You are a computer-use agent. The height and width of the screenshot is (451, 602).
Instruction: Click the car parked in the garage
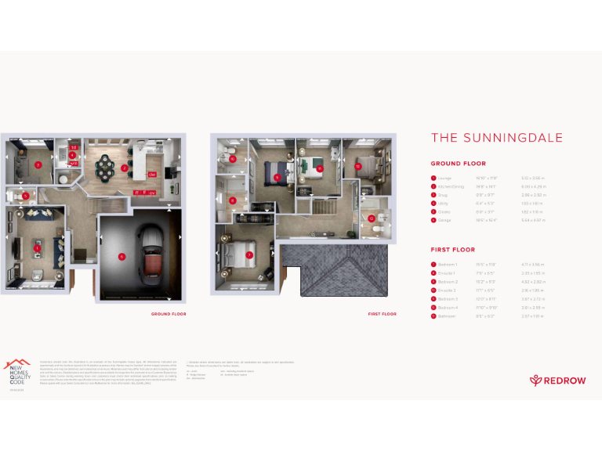click(x=150, y=254)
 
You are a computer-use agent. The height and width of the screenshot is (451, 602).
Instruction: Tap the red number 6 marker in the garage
click(x=121, y=256)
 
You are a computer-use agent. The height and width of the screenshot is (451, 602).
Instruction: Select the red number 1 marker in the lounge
click(x=37, y=248)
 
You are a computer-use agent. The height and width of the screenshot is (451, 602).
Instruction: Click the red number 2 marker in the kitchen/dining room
click(x=125, y=168)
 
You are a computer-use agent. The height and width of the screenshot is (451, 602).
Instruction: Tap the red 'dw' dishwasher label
click(x=152, y=174)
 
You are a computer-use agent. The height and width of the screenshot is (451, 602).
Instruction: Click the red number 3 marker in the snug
click(x=38, y=164)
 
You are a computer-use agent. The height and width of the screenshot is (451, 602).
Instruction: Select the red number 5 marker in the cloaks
click(x=26, y=196)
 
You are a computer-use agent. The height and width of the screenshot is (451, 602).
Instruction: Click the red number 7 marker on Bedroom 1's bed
click(x=249, y=254)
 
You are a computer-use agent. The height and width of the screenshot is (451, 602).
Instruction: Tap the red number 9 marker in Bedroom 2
click(x=277, y=177)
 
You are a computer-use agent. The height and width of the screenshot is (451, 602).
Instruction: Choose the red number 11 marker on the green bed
click(x=319, y=168)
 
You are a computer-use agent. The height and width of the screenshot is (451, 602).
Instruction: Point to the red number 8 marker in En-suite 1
click(x=233, y=200)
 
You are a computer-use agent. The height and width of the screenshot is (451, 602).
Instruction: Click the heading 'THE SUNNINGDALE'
click(x=497, y=138)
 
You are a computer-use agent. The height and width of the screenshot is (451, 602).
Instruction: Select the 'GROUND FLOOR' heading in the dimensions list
click(x=458, y=164)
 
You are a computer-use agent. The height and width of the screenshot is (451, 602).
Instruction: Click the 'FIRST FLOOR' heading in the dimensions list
click(x=453, y=250)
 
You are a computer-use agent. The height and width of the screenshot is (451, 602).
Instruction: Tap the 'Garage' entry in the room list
click(x=445, y=220)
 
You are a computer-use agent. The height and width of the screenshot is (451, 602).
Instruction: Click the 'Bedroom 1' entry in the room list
click(x=448, y=265)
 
